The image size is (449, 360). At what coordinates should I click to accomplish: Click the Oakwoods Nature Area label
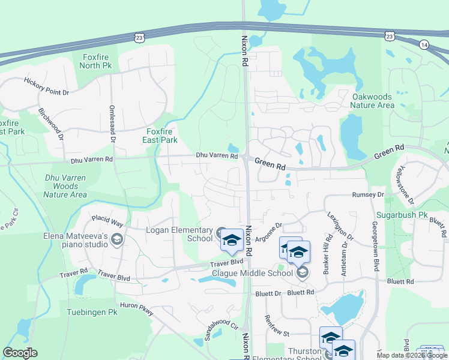pyautogui.click(x=372, y=101)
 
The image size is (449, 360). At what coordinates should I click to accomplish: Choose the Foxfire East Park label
pyautogui.click(x=162, y=136)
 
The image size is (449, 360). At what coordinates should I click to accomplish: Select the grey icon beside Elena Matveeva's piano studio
pyautogui.click(x=116, y=240)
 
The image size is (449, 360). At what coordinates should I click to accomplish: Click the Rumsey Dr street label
pyautogui.click(x=367, y=195)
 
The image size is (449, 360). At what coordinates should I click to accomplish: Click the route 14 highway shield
pyautogui.click(x=424, y=45)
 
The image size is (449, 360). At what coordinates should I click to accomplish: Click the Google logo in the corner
pyautogui.click(x=20, y=353)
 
